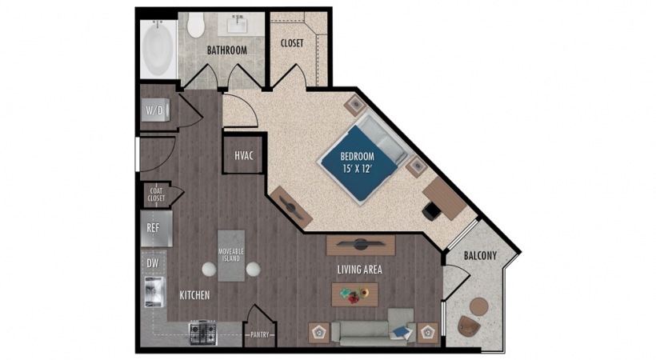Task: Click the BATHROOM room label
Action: pos(227,50)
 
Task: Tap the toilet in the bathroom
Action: pos(195,24)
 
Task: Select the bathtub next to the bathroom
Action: pos(158,49)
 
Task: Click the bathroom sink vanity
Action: pos(240,24)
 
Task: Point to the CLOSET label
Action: pos(292,43)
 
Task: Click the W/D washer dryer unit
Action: pos(156,110)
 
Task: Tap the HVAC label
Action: pos(244,156)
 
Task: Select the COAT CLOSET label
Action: pos(158,194)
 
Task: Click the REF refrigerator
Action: pos(156,229)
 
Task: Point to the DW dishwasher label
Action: pos(153,263)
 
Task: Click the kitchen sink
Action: pos(154,292)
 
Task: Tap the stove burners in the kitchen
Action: pos(203,333)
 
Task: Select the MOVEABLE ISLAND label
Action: pos(231,255)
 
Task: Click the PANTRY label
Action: pos(260,335)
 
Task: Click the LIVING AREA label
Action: pos(360,270)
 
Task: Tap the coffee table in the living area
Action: pos(354,294)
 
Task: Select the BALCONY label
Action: pos(480,255)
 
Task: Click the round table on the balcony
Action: pos(478,307)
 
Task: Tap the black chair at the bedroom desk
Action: pos(430,211)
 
